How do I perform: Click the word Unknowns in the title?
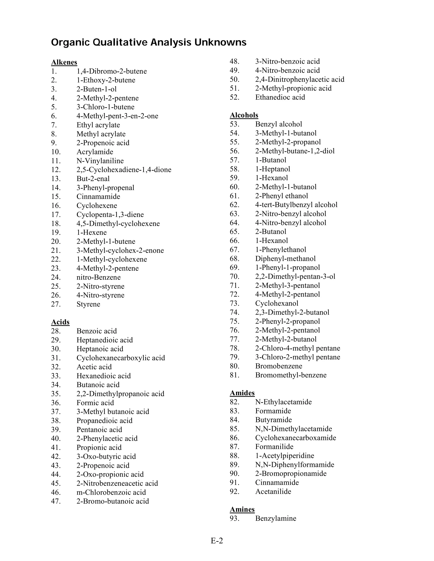(x=220, y=42)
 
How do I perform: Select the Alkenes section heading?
(x=64, y=62)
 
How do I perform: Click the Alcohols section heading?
(x=244, y=115)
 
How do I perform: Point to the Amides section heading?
(x=242, y=393)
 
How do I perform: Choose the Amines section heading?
(x=242, y=509)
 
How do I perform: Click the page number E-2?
(x=217, y=541)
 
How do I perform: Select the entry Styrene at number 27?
(x=88, y=304)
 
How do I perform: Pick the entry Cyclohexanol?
(x=276, y=303)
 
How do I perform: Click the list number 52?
(x=235, y=97)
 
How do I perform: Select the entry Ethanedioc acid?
(x=280, y=97)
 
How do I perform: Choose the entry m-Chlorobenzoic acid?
(x=111, y=492)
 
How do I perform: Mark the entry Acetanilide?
(x=273, y=491)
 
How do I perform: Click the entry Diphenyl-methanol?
(x=285, y=259)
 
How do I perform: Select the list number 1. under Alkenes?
(x=54, y=71)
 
